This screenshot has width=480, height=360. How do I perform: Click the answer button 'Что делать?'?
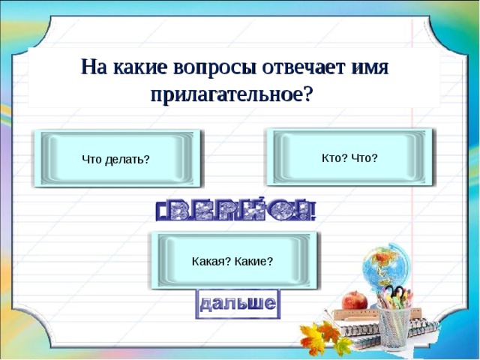[116, 159]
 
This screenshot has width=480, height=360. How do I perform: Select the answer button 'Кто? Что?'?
[349, 157]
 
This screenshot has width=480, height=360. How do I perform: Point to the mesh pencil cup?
[394, 330]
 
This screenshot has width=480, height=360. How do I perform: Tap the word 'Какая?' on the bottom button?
[212, 261]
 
